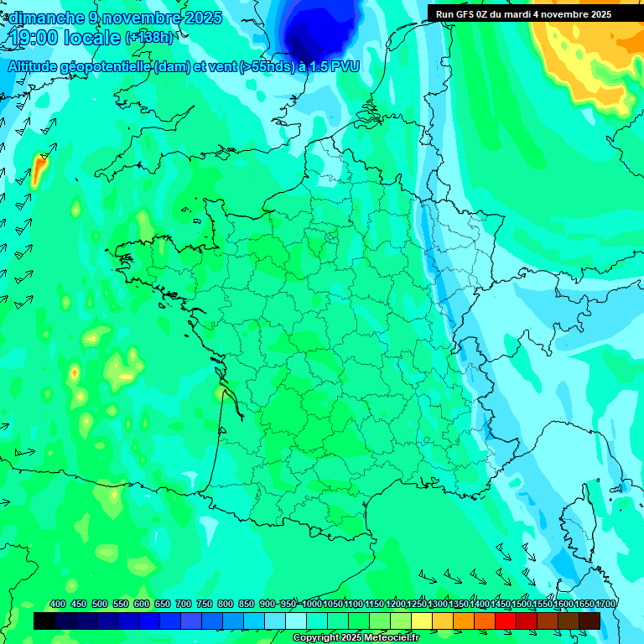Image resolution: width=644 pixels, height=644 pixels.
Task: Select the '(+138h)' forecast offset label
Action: pyautogui.click(x=150, y=38)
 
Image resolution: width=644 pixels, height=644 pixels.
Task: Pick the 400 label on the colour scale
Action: pyautogui.click(x=58, y=605)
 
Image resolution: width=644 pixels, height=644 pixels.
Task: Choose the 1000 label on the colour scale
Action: pyautogui.click(x=312, y=605)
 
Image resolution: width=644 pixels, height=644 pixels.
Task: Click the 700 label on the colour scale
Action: pyautogui.click(x=184, y=605)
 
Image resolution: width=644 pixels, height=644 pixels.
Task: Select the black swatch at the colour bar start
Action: pyautogui.click(x=44, y=621)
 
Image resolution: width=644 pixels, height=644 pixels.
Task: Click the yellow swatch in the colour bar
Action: pyautogui.click(x=422, y=621)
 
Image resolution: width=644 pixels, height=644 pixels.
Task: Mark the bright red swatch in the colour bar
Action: pyautogui.click(x=506, y=621)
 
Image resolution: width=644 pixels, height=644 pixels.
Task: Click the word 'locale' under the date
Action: pyautogui.click(x=93, y=38)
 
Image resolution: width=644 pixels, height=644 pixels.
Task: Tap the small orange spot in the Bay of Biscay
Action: pyautogui.click(x=75, y=371)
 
